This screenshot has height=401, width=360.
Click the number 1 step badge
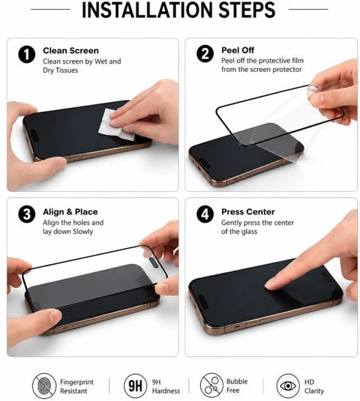[x=26, y=55]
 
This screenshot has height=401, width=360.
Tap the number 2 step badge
[x=205, y=54]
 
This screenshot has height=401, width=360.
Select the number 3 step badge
[x=26, y=214]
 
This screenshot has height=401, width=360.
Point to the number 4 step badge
[x=205, y=214]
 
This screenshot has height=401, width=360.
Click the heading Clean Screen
[x=70, y=51]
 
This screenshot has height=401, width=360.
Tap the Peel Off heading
[x=238, y=50]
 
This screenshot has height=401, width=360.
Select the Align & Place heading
[x=70, y=212]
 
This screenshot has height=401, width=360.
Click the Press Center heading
[x=248, y=212]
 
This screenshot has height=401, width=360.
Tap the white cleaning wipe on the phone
[x=115, y=125]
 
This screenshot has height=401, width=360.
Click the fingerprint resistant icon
[x=44, y=385]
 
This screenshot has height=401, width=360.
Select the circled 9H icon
[x=135, y=386]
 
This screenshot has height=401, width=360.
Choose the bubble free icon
[x=211, y=385]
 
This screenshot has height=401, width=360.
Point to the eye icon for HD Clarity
[x=288, y=385]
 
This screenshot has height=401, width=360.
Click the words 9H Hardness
[x=166, y=387]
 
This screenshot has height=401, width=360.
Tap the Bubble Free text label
[x=237, y=386]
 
